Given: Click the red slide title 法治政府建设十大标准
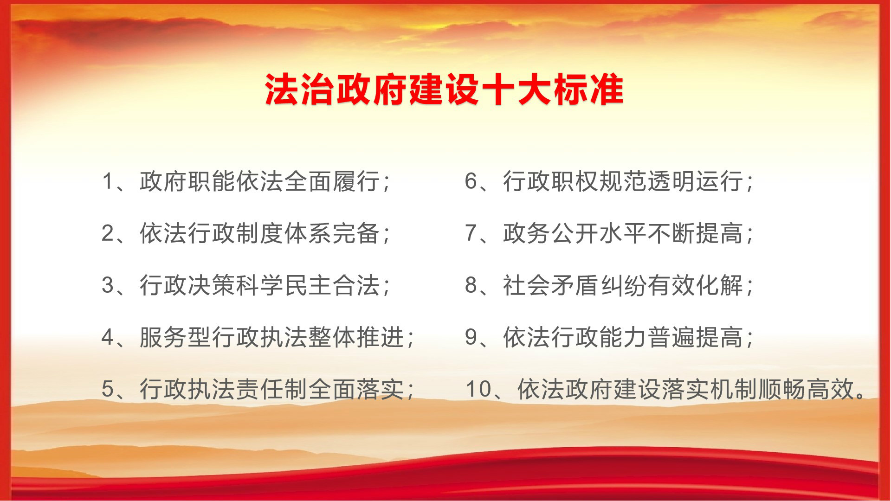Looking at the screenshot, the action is [x=444, y=90].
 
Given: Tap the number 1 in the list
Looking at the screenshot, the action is [x=108, y=181].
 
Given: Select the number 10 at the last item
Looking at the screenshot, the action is [x=478, y=389].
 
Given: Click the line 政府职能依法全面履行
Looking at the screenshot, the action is [x=259, y=181].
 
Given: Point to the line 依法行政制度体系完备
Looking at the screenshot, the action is [x=259, y=233].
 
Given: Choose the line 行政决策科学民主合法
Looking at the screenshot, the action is [x=259, y=285].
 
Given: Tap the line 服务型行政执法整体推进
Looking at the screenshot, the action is [x=271, y=337].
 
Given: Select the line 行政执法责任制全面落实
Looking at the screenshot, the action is [x=271, y=389].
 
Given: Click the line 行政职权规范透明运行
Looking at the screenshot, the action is [x=623, y=181].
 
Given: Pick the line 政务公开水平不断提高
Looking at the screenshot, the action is [x=623, y=233].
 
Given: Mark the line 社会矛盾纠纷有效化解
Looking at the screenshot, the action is [x=623, y=285].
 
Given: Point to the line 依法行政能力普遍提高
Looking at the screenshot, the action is [x=623, y=337].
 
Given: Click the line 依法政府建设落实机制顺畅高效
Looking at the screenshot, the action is [x=686, y=389].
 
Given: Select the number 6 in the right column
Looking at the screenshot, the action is [x=471, y=181].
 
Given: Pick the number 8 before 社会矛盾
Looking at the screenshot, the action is [x=471, y=285].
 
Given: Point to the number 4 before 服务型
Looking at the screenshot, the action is [x=108, y=337].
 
